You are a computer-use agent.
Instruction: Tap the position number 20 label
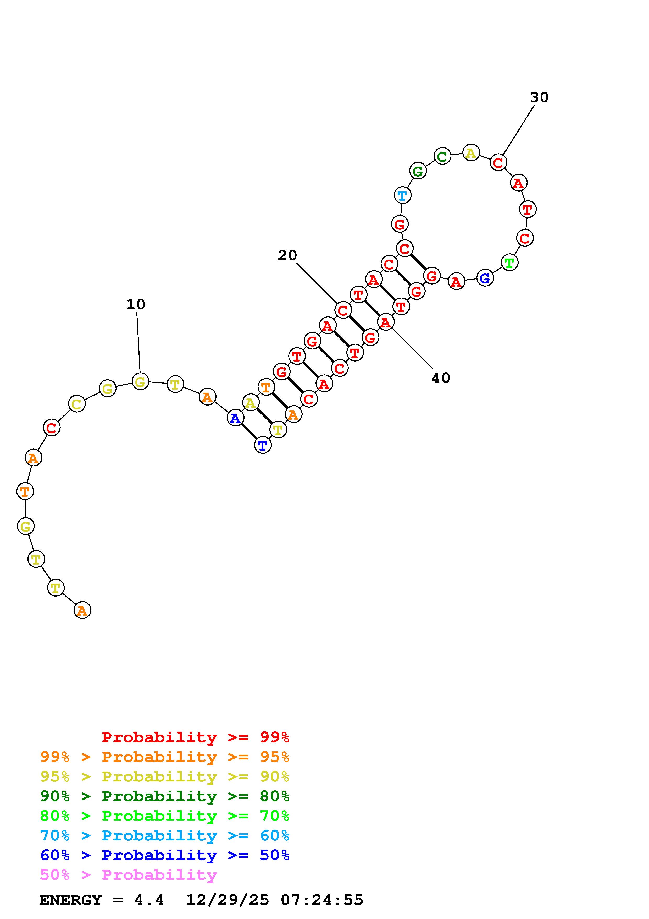[287, 255]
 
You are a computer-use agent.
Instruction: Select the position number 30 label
[539, 97]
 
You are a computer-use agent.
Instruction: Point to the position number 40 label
[441, 378]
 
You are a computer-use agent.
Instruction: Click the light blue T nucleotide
[402, 196]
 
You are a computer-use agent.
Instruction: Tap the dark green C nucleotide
[442, 156]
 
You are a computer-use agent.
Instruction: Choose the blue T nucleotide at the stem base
[263, 445]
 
